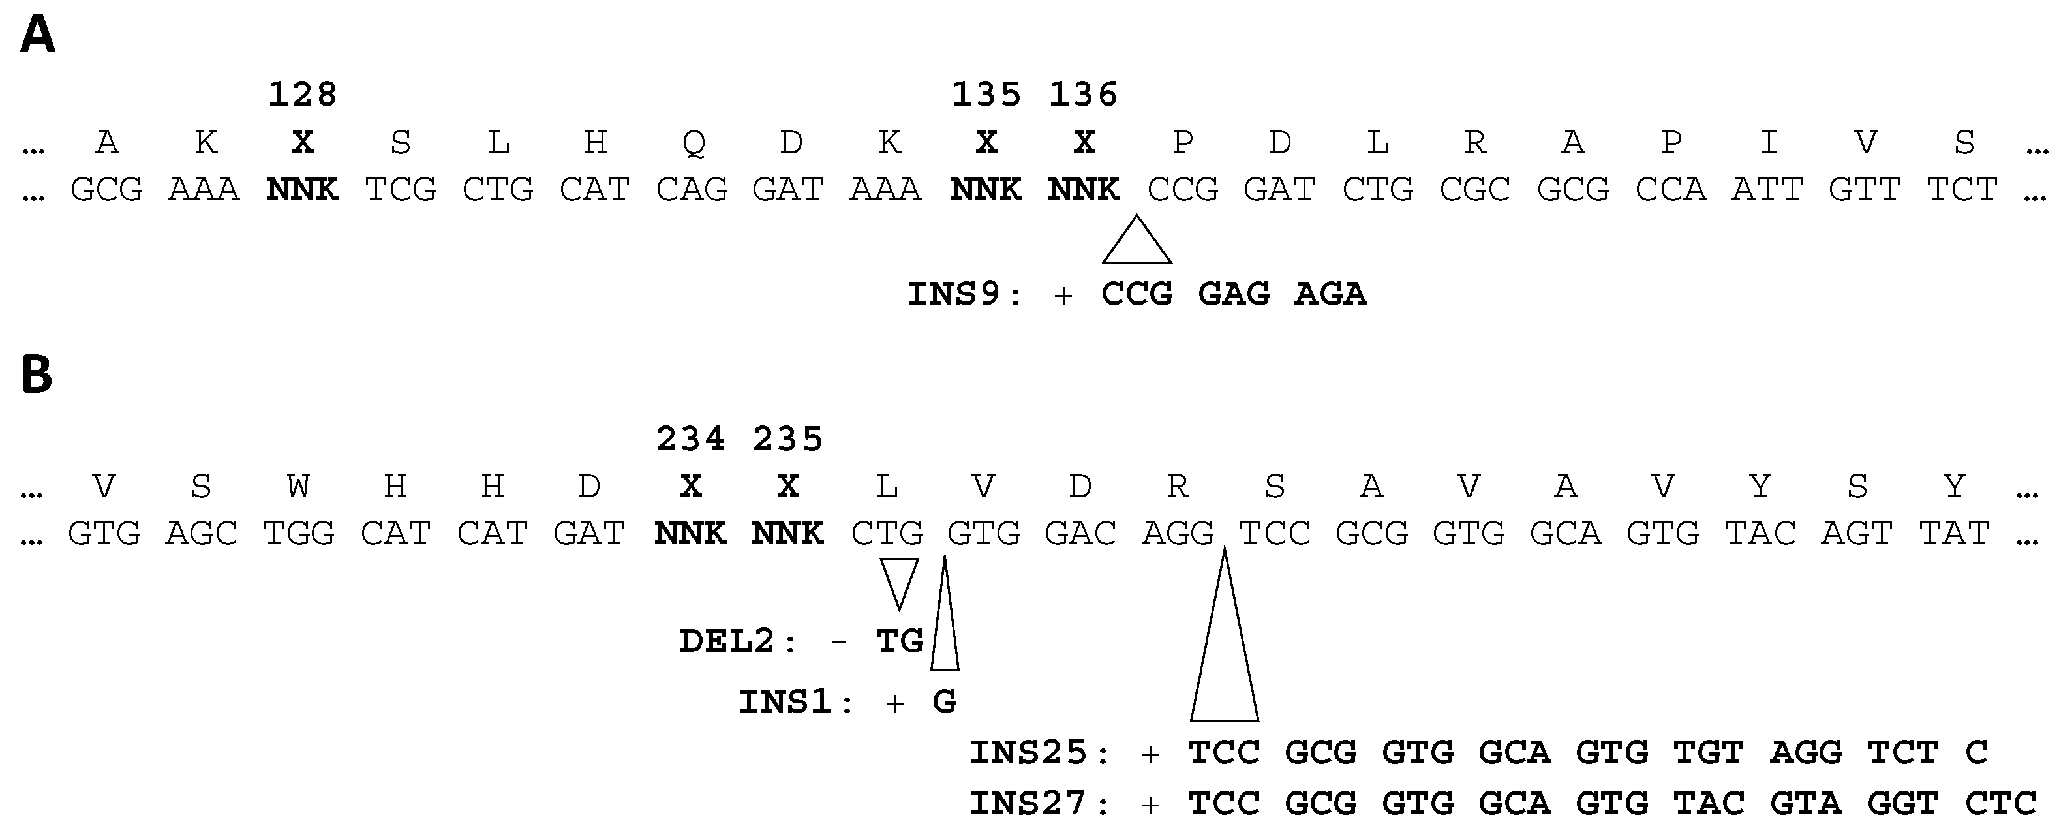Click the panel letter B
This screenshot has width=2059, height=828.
36,375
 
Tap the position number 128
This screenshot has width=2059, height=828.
302,95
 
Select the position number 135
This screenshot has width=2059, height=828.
986,95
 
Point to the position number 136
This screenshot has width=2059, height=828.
1083,95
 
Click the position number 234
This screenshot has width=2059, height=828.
690,438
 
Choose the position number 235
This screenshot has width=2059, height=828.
787,438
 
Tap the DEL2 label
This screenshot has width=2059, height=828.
737,641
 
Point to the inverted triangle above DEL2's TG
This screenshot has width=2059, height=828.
898,581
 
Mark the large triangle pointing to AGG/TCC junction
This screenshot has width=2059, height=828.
1225,655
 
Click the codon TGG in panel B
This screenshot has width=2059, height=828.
298,533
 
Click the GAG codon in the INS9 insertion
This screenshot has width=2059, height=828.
1233,294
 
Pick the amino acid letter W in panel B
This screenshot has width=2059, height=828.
298,486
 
